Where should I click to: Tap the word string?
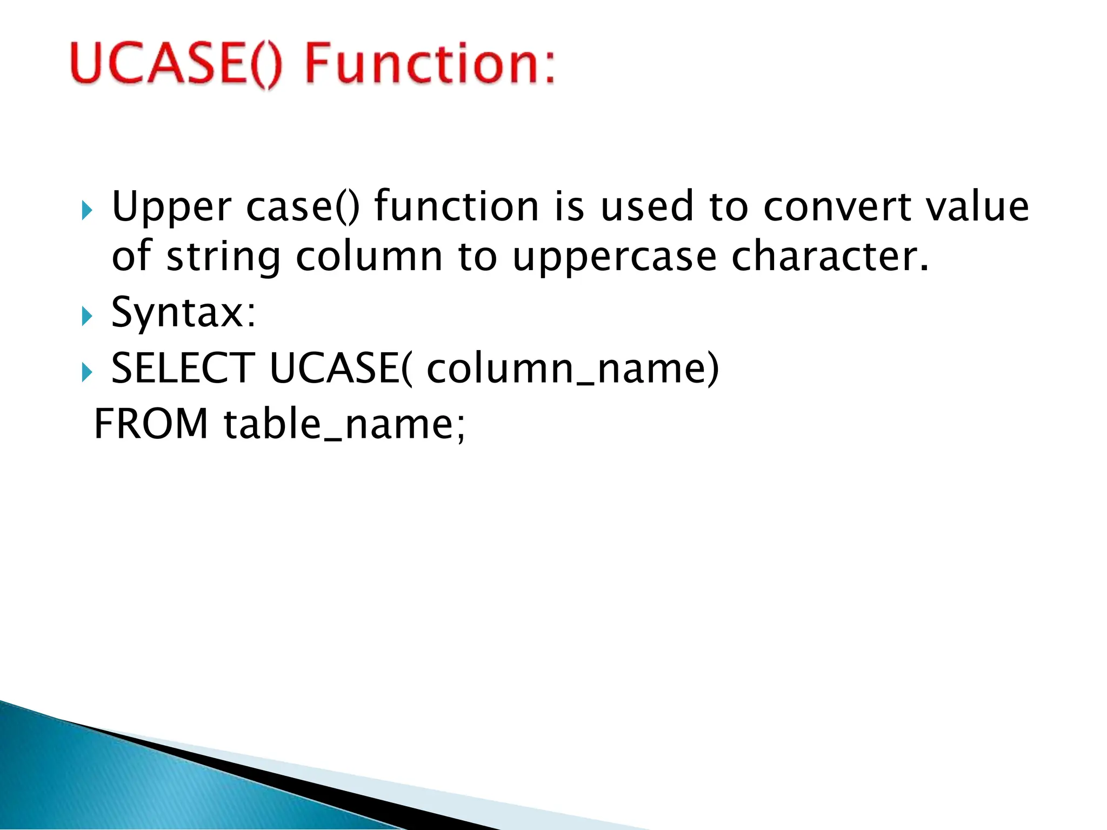click(223, 257)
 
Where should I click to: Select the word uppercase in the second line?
click(615, 257)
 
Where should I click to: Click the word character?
click(830, 256)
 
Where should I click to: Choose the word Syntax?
click(183, 313)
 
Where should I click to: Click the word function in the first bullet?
click(457, 206)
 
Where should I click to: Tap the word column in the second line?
click(369, 256)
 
